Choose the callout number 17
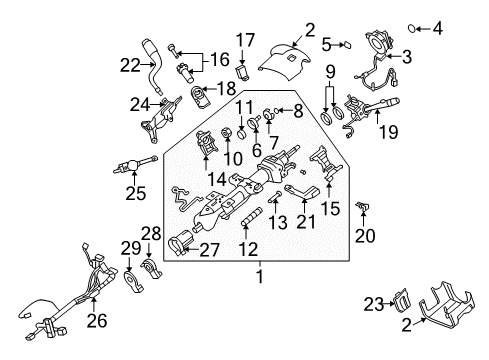(245, 41)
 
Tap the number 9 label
(328, 71)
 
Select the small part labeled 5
(345, 44)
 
